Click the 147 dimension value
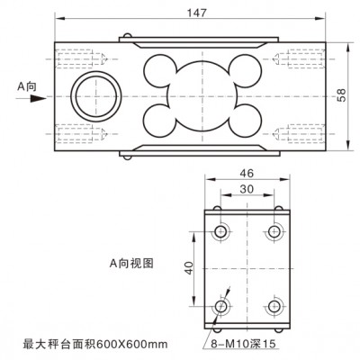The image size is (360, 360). click(197, 13)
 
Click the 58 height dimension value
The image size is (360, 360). click(341, 95)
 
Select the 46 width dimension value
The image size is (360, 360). click(247, 173)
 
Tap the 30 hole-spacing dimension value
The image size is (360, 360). click(247, 189)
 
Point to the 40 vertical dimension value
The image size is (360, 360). click(189, 267)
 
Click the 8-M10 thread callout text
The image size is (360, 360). click(243, 344)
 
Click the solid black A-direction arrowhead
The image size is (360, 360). click(38, 98)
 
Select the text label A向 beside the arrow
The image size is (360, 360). click(27, 86)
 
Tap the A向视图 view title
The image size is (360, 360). click(131, 264)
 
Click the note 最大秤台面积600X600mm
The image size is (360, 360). click(95, 344)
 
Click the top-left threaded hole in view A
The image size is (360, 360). click(221, 231)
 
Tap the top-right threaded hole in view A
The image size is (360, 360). click(274, 231)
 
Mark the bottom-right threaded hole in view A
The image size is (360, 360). click(274, 306)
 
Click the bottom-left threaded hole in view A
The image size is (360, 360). click(221, 306)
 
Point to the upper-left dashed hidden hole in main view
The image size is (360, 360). click(81, 59)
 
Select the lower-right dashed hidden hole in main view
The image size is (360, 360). click(299, 132)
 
